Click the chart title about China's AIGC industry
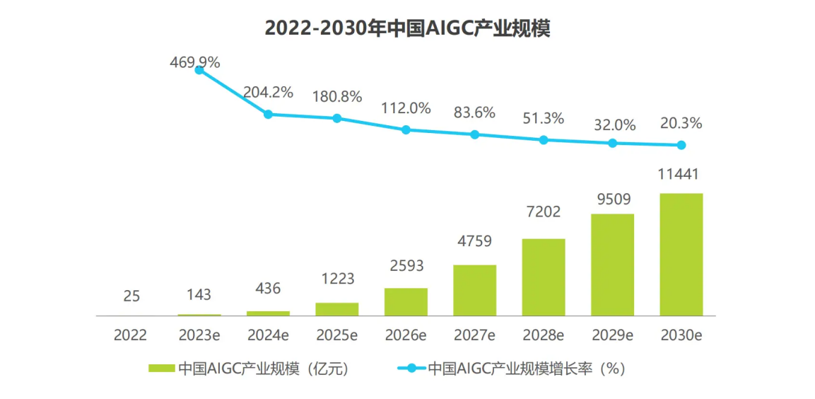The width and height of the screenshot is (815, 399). coord(407,28)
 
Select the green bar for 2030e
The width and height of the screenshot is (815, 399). coord(681,254)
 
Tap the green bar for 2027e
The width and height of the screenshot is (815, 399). coord(474,290)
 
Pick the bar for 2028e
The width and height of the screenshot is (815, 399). coord(543,277)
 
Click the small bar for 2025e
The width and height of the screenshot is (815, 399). coord(336,308)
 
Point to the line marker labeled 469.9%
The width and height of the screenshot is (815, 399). coord(199,69)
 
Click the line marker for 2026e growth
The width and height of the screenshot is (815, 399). coord(406,129)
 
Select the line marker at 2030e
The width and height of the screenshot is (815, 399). coord(681,145)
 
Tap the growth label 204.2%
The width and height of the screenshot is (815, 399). coord(268,93)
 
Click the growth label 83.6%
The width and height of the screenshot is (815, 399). coord(474,112)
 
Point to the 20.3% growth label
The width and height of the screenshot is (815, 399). coord(681,124)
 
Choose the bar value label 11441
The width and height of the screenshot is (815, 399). coord(681,174)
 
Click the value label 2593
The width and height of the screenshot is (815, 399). coord(406,267)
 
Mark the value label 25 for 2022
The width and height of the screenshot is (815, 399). coord(131,296)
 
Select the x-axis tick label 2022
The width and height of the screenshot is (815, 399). coord(131,335)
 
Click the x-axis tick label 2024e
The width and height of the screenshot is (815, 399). coord(268,335)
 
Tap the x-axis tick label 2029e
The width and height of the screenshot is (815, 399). coord(612,335)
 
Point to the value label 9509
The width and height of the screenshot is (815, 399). coord(612,198)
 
